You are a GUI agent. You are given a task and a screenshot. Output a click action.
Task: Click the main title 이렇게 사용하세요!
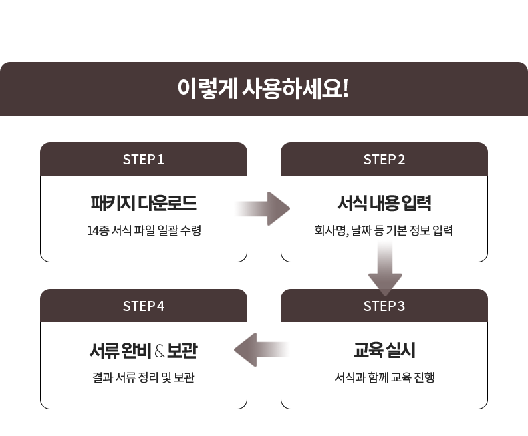[x=263, y=89]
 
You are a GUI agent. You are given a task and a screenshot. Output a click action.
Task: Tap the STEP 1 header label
[x=143, y=160]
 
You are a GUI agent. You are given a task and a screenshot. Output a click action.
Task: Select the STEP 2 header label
[x=384, y=160]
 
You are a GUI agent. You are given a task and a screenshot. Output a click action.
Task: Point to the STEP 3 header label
[x=384, y=306]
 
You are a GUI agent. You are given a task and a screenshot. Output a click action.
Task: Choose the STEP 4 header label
[x=143, y=306]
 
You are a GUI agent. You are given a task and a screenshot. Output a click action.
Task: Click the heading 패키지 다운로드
[x=143, y=203]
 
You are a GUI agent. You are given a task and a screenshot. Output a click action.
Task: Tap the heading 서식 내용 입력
[x=384, y=203]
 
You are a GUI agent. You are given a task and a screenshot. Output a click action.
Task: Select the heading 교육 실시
[x=384, y=350]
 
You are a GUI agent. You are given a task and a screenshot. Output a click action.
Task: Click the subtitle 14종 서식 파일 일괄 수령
[x=143, y=231]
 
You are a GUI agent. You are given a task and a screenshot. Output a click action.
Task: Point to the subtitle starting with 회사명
[x=384, y=231]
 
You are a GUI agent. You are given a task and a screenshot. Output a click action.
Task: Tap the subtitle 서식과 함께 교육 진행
[x=384, y=378]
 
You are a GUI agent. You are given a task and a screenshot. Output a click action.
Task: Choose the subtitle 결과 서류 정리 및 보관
[x=143, y=378]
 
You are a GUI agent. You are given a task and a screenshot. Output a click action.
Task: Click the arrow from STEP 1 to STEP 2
[x=264, y=208]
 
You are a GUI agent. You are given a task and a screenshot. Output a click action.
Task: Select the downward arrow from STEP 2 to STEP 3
[x=385, y=270]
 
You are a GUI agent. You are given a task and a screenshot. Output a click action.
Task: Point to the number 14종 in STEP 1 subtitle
[x=98, y=231]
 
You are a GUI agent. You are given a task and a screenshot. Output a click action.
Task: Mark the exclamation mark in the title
[x=346, y=89]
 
